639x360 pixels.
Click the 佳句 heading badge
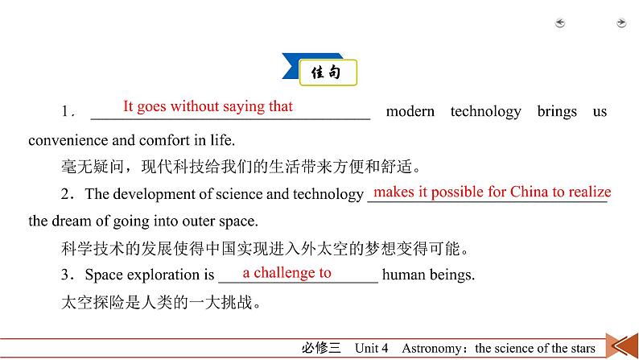[327, 72]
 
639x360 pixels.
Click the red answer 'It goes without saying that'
[208, 106]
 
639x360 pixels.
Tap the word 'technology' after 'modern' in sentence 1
[485, 112]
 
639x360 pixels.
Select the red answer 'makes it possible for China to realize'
[492, 192]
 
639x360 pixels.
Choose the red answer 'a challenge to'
[287, 273]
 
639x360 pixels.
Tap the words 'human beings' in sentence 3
[428, 274]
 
